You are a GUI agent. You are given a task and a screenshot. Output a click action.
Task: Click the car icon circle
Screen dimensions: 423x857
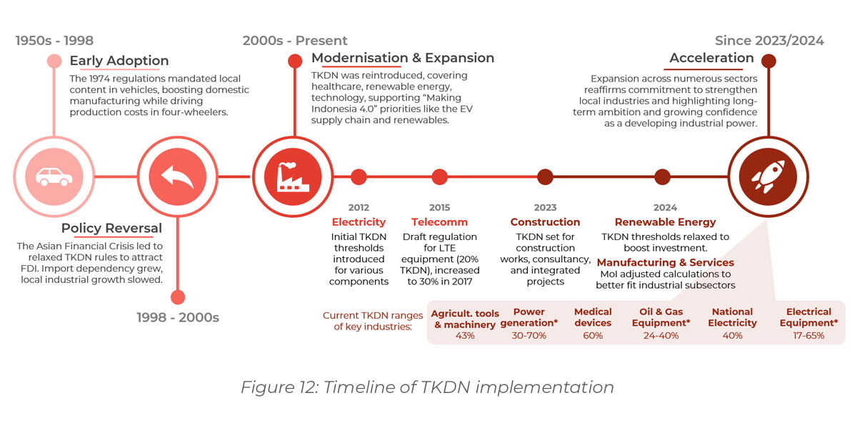(x=54, y=176)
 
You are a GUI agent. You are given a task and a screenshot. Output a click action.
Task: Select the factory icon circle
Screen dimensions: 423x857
(x=293, y=176)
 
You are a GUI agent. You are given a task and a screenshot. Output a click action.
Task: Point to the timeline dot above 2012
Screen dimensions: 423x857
(x=359, y=176)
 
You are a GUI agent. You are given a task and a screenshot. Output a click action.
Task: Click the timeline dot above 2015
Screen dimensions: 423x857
(x=439, y=176)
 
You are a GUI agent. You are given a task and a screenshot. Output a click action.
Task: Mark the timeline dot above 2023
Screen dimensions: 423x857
(x=545, y=176)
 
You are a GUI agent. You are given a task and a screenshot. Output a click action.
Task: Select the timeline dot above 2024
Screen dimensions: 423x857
(x=662, y=176)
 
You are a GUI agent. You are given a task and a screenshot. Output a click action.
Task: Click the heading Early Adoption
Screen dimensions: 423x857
(x=119, y=61)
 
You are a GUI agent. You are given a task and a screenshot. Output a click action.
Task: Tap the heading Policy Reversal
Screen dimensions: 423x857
(x=111, y=229)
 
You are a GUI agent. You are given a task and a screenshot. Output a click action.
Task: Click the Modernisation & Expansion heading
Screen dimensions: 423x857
(x=403, y=58)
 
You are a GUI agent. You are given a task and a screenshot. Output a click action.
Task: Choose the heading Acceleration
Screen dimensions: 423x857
(x=711, y=58)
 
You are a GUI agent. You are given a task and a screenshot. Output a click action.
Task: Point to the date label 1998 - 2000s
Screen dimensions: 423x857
(x=178, y=317)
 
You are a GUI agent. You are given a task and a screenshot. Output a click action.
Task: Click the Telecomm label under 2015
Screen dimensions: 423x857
(x=439, y=222)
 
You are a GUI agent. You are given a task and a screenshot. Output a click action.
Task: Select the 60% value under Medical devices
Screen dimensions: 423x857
(x=593, y=335)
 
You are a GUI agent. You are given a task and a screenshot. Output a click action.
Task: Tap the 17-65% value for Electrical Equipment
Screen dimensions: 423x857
(x=808, y=335)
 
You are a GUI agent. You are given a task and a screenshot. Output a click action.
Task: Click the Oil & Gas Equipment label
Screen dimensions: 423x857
(x=661, y=317)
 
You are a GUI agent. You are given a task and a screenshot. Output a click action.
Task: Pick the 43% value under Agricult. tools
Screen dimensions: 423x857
(x=465, y=335)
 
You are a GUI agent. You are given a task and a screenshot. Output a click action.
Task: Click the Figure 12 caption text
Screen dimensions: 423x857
(x=427, y=387)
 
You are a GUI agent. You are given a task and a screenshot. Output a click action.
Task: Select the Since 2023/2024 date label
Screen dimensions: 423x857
(x=769, y=41)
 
